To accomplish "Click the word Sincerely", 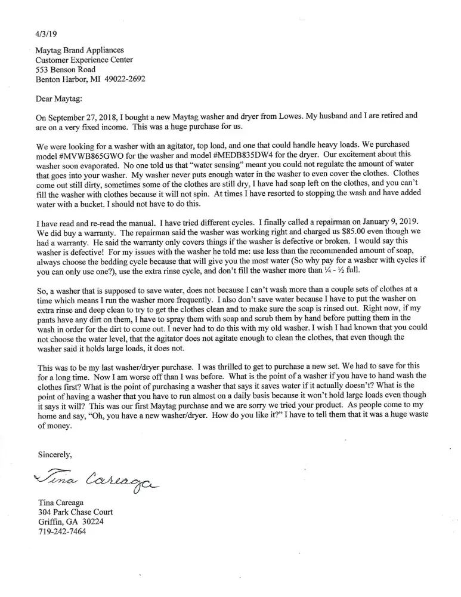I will point(55,455).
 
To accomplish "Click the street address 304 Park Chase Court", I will point(75,513).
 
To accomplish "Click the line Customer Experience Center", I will point(84,60).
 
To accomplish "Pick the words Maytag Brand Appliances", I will point(80,50).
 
